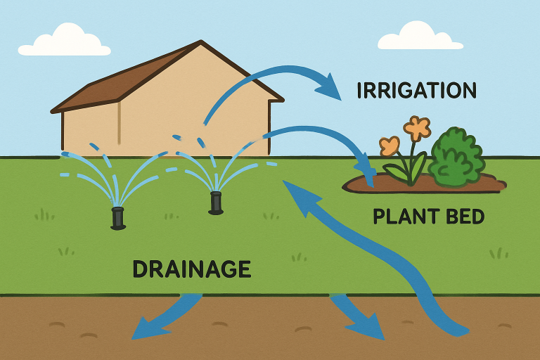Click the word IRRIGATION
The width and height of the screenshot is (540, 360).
coord(416,91)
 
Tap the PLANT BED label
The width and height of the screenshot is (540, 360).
coord(428,217)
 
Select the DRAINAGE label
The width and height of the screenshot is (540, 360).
coord(191,269)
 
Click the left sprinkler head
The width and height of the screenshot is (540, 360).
coord(118,217)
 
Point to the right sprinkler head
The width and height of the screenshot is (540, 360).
coord(216,202)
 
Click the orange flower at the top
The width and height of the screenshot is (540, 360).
coord(417,128)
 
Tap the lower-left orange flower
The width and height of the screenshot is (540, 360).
coord(390,146)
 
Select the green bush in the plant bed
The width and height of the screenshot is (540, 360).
coord(456,157)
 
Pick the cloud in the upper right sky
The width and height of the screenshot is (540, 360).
coord(420,36)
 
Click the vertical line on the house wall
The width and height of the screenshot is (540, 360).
coord(119,123)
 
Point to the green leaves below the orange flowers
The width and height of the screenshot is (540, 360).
coord(411,169)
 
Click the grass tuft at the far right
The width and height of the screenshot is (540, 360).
coord(499,252)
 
